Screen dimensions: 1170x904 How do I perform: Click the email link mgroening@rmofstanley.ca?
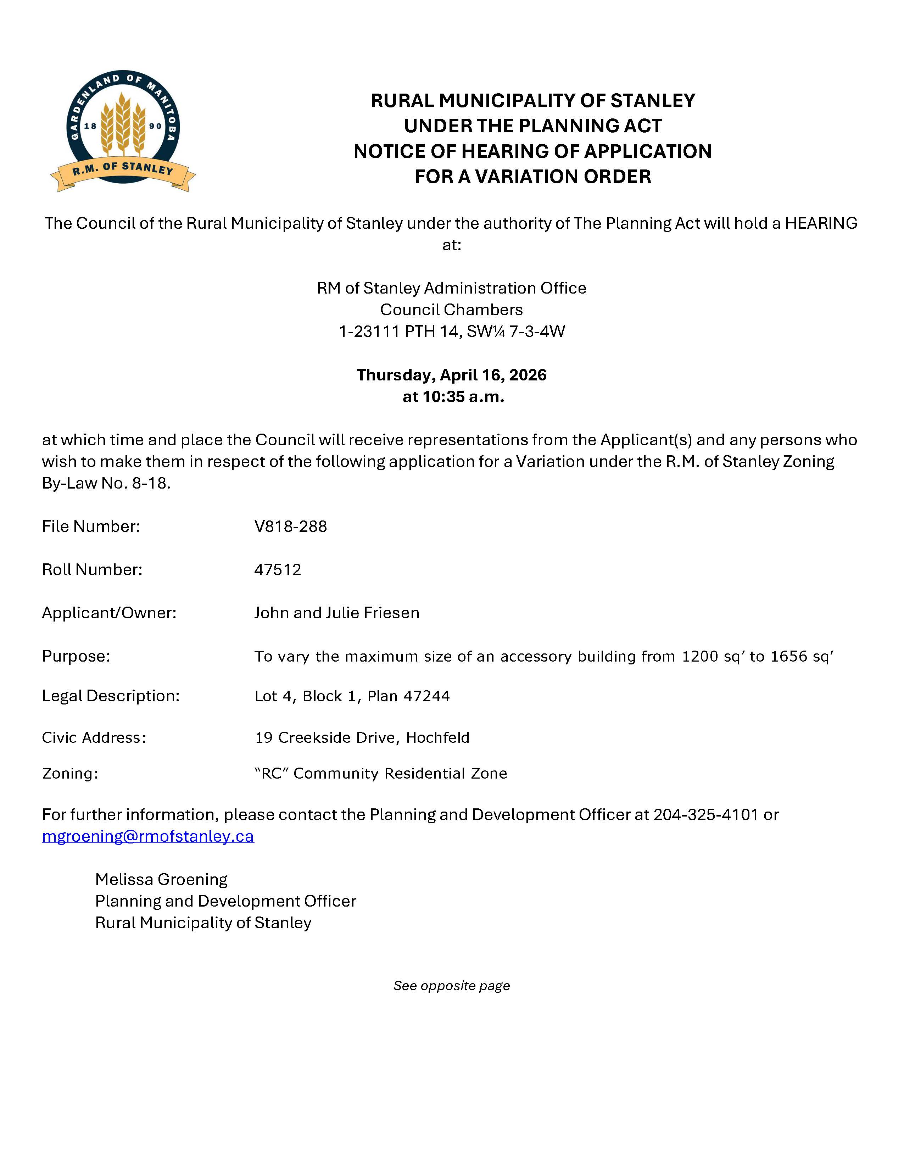(148, 836)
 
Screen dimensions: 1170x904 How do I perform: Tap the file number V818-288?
(290, 526)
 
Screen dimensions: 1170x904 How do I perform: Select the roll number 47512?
(278, 569)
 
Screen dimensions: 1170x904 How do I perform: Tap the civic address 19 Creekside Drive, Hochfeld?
(362, 738)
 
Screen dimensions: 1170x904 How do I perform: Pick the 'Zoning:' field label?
(70, 774)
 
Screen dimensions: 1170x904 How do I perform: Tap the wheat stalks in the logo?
(123, 123)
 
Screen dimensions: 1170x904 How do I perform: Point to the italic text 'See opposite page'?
(451, 986)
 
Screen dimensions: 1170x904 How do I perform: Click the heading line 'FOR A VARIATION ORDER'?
(533, 176)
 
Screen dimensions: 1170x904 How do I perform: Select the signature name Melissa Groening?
(161, 879)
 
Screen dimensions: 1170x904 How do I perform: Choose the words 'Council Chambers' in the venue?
(451, 310)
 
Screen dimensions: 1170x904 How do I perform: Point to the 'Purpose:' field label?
(76, 656)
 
